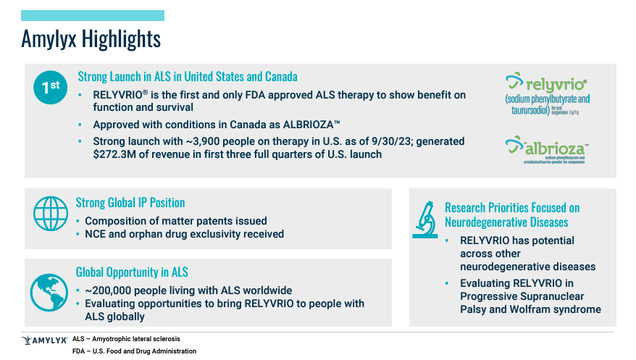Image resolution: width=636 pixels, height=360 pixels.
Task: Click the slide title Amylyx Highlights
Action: [x=91, y=37]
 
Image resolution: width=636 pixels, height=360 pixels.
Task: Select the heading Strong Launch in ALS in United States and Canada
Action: [x=187, y=76]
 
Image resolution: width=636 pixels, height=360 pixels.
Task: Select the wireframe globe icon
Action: [x=50, y=214]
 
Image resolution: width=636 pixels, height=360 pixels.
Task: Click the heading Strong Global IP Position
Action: [x=130, y=203]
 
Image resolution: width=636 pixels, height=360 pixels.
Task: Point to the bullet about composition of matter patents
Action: [x=176, y=220]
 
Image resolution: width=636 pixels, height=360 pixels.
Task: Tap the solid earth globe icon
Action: [x=49, y=292]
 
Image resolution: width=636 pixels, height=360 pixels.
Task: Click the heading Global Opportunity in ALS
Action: [x=132, y=272]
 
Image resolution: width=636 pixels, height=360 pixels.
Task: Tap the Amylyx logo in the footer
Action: [x=45, y=339]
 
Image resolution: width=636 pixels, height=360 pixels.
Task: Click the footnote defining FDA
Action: [x=134, y=351]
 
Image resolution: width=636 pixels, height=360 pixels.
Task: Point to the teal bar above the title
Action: [x=92, y=15]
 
